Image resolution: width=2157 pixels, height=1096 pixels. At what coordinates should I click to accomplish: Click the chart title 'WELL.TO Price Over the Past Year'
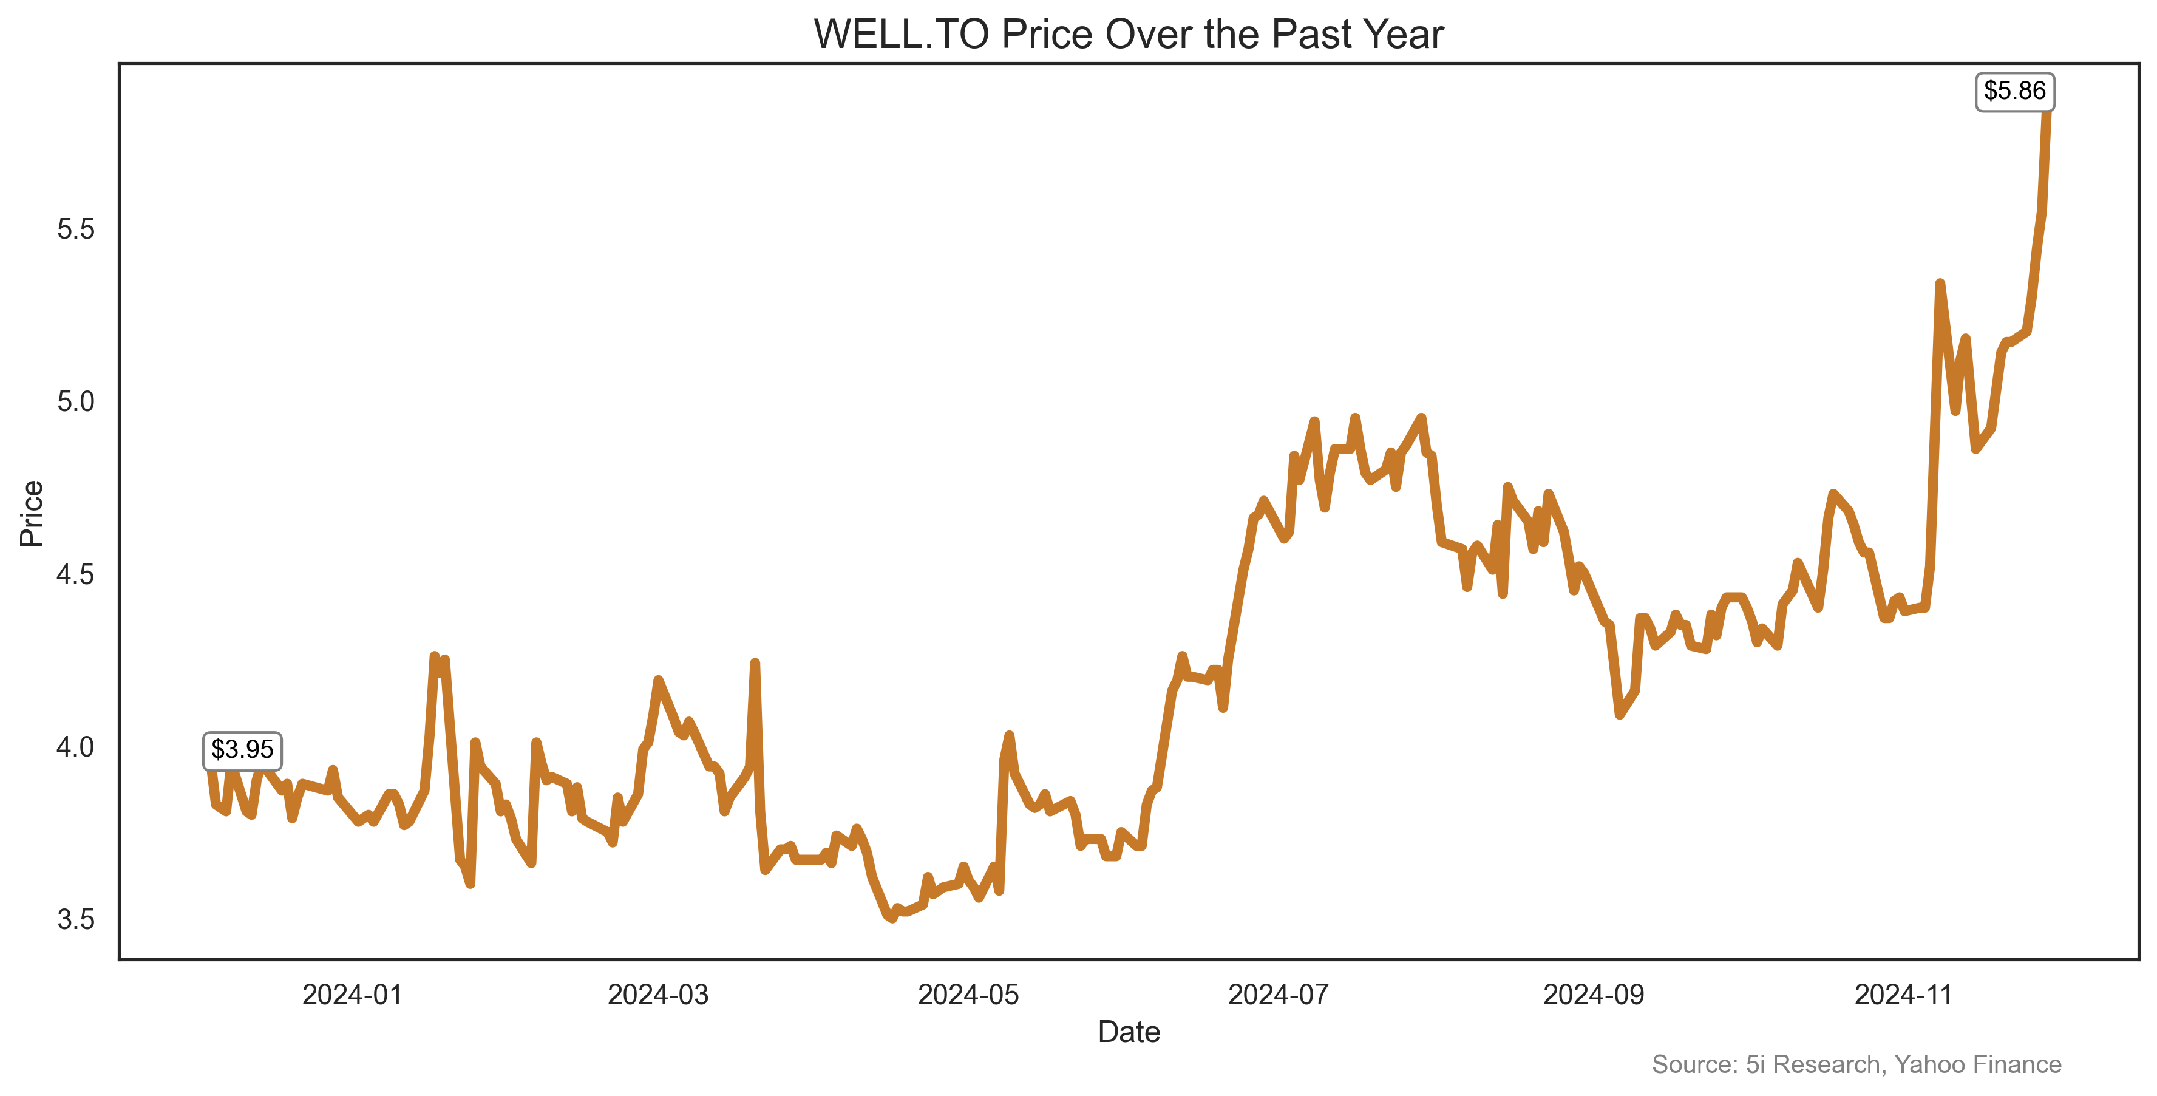click(1128, 35)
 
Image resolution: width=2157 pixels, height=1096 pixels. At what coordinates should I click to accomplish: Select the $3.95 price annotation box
click(242, 749)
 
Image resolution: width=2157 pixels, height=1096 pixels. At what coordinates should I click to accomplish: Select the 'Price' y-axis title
click(31, 513)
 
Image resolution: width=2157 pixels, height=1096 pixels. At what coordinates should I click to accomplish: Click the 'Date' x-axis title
click(1128, 1032)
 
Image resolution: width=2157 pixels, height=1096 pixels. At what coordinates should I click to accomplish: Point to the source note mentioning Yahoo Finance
click(1856, 1064)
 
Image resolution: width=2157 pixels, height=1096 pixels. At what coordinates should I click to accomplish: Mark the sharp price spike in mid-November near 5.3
click(1939, 284)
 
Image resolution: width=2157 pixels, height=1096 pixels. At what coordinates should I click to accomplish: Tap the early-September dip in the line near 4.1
click(1620, 714)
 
